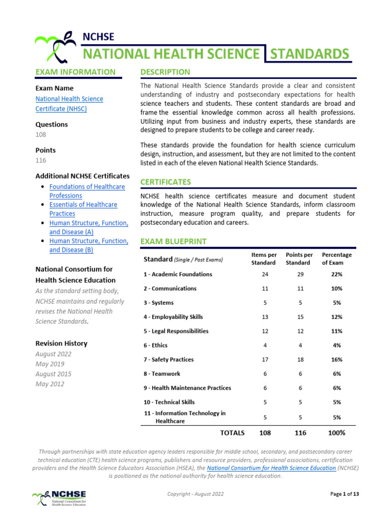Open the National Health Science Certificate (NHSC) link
pos(69,104)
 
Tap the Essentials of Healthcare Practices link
pos(83,209)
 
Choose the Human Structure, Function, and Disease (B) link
pos(89,245)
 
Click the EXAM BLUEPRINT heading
pos(173,241)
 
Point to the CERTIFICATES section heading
pos(165,182)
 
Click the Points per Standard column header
pos(299,258)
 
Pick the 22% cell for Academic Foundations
pos(336,274)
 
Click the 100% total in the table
pos(336,433)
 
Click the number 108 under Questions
pos(41,134)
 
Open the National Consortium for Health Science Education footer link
pos(271,468)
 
